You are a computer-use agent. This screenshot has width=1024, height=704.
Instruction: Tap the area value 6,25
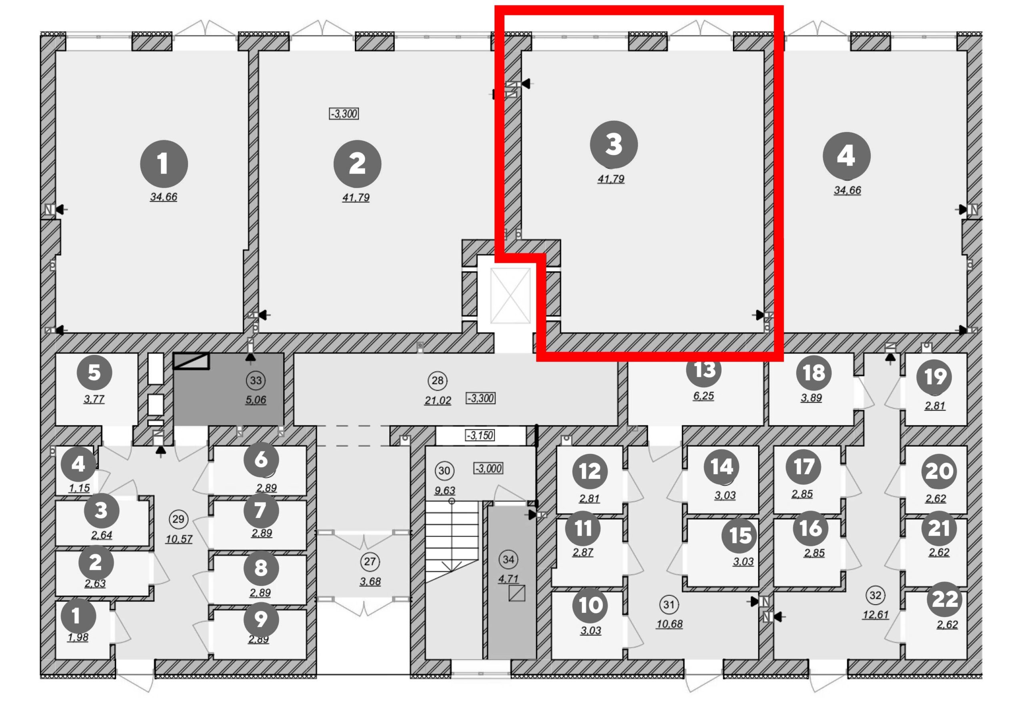[x=703, y=396]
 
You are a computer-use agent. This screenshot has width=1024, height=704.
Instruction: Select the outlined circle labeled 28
[x=438, y=381]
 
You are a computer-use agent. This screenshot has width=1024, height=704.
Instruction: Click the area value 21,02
[x=438, y=400]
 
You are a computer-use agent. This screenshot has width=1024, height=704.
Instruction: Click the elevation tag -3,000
[x=488, y=468]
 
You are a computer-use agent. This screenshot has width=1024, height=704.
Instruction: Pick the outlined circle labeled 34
[x=508, y=560]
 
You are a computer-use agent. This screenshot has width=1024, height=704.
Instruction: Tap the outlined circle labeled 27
[x=370, y=562]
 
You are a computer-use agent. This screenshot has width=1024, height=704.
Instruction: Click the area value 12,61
[x=876, y=615]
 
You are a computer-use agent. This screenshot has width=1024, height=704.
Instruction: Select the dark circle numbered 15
[x=740, y=536]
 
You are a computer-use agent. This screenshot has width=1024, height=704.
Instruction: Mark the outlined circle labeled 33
[x=256, y=380]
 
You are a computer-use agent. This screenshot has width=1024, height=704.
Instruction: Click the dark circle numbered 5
[x=94, y=372]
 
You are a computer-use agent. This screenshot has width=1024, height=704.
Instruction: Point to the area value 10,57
[x=179, y=539]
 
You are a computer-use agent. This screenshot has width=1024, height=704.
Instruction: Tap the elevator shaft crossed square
[x=510, y=296]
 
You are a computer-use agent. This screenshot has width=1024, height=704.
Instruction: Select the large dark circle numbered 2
[x=357, y=164]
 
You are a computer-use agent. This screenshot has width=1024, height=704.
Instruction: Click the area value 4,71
[x=508, y=579]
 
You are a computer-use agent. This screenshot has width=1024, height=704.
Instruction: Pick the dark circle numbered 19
[x=934, y=377]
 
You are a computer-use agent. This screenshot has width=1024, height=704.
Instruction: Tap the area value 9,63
[x=444, y=490]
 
